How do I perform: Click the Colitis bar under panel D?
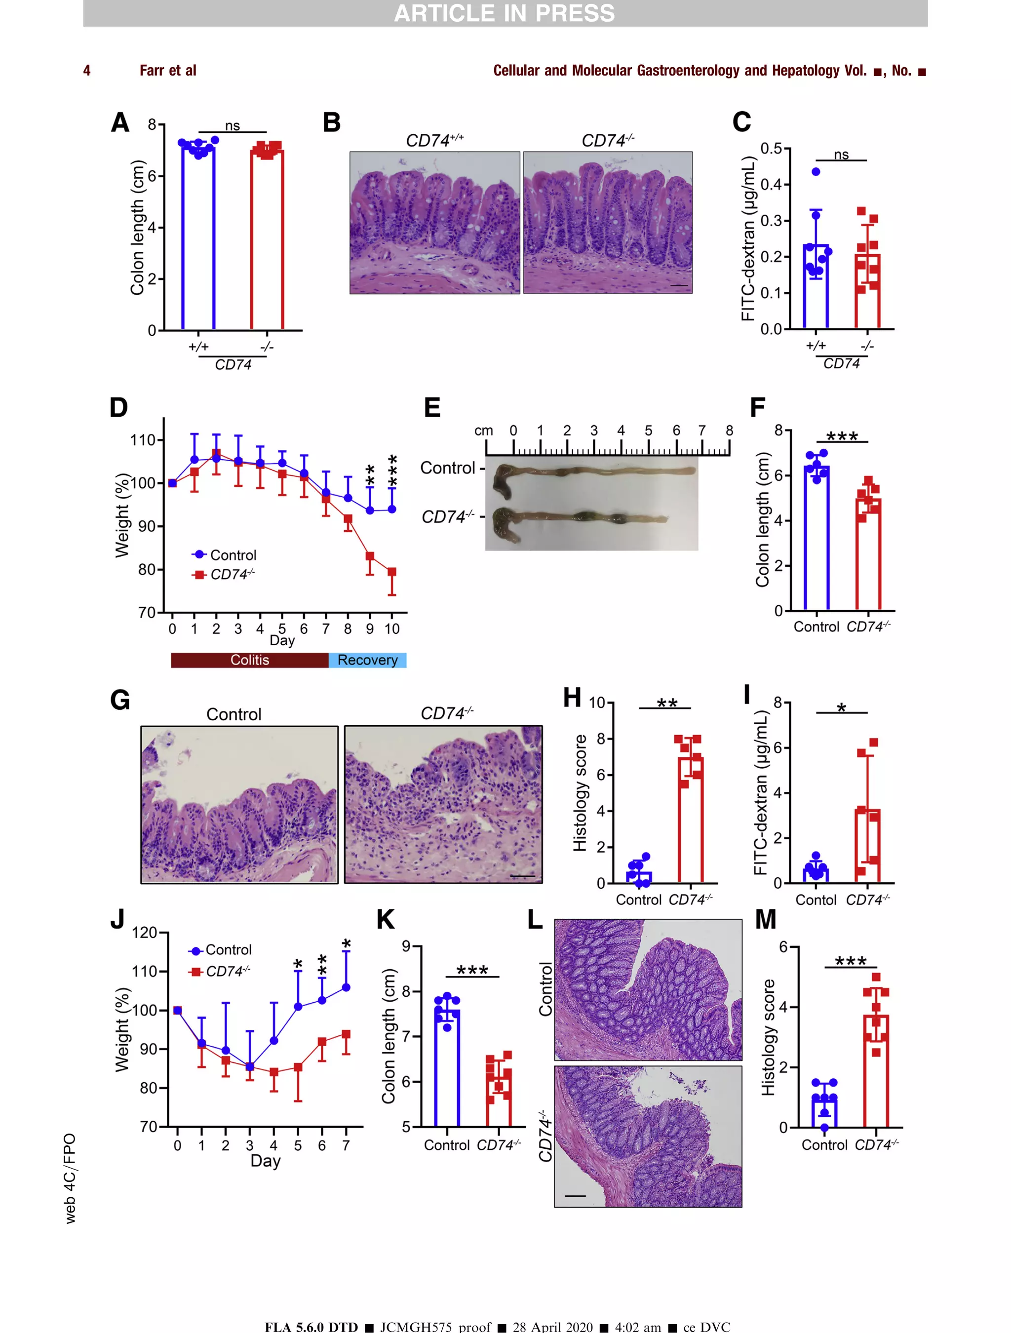tap(249, 660)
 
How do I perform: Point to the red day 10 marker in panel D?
tap(391, 572)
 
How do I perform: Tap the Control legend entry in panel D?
tap(233, 555)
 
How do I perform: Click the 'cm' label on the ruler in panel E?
tap(483, 431)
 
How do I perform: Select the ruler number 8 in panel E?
tap(729, 431)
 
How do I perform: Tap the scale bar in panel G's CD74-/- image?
tap(522, 876)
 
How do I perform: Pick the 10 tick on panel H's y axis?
tap(596, 703)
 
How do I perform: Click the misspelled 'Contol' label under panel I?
tap(816, 900)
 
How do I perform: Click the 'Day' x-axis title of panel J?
tap(265, 1161)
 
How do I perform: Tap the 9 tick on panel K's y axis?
tap(406, 946)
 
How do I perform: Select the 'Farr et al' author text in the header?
tap(167, 71)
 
